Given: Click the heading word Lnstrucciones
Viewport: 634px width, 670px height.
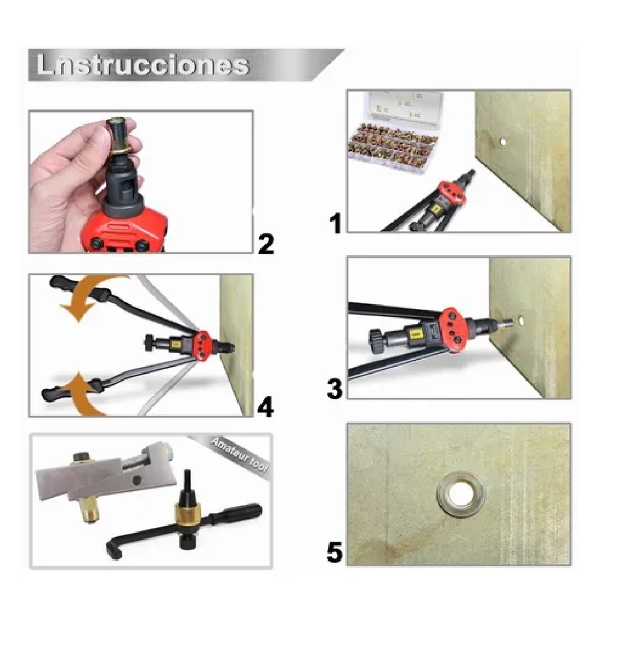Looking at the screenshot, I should tap(142, 65).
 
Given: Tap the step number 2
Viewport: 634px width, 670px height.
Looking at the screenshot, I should tap(266, 244).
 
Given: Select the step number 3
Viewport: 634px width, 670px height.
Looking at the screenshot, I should tap(335, 389).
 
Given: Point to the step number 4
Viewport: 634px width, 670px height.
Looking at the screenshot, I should tap(266, 407).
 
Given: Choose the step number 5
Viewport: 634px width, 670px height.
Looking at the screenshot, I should tap(335, 552).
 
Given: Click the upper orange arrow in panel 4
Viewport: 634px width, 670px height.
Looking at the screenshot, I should tap(86, 300).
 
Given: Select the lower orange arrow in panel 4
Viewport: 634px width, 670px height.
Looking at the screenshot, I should tap(86, 393).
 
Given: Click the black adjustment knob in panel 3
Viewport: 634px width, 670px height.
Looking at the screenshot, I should tap(376, 342).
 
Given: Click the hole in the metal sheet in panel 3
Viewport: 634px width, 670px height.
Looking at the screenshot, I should tap(521, 322).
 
